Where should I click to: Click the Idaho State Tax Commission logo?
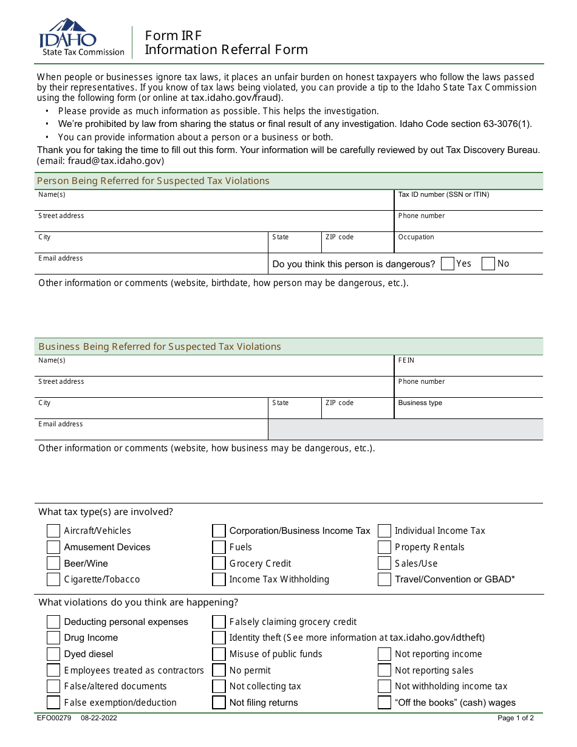click(x=81, y=38)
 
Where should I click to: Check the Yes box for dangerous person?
click(x=448, y=264)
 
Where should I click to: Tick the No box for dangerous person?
click(x=488, y=264)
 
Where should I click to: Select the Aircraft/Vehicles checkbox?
click(x=53, y=531)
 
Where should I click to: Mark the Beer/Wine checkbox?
click(x=53, y=563)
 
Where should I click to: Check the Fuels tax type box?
click(x=219, y=547)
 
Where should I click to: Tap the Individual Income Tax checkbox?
click(x=384, y=531)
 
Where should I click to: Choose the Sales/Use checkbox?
click(x=384, y=563)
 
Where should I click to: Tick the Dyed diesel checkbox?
click(x=53, y=654)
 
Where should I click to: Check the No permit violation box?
click(x=219, y=670)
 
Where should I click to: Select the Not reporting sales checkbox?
click(x=384, y=670)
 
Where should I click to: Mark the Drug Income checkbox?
click(x=53, y=638)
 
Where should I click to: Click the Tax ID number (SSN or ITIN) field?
click(x=468, y=203)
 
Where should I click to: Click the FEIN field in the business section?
click(x=468, y=369)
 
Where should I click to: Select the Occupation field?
click(x=468, y=245)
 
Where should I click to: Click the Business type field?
click(x=468, y=411)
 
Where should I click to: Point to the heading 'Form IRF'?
click(x=173, y=36)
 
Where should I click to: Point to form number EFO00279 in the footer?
click(x=54, y=718)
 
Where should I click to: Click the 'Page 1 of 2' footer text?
click(x=516, y=718)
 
